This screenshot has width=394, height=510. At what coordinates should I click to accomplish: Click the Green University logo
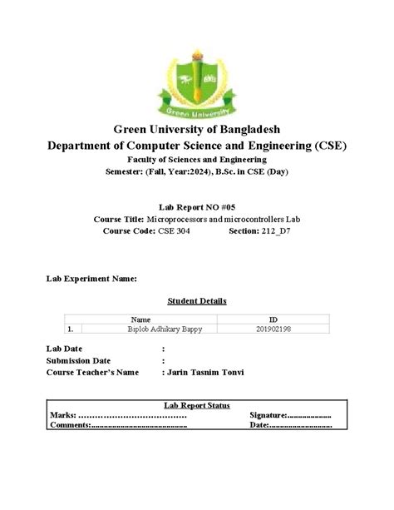(x=196, y=75)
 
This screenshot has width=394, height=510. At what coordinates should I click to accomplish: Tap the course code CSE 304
(x=174, y=230)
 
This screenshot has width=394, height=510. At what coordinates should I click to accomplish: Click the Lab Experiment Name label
(x=91, y=279)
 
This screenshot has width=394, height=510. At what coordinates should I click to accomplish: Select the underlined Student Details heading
(x=197, y=300)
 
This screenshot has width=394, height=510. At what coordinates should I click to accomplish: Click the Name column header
(x=141, y=319)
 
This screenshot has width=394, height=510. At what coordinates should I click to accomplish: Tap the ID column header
(x=273, y=319)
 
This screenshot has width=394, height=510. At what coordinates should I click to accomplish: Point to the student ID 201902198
(x=273, y=329)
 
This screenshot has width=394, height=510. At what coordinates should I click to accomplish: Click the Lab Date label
(x=64, y=349)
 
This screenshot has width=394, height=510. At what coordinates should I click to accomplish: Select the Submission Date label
(x=79, y=360)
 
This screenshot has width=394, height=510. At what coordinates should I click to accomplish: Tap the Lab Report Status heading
(x=197, y=404)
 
